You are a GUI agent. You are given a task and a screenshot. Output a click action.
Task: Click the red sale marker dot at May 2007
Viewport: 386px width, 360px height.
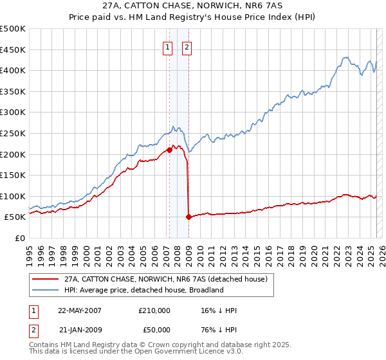169,150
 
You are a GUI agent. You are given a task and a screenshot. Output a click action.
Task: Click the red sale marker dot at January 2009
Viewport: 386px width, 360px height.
188,217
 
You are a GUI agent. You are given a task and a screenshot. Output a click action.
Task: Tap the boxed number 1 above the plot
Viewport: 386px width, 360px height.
167,46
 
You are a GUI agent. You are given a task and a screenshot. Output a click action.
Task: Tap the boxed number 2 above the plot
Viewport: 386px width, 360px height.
187,46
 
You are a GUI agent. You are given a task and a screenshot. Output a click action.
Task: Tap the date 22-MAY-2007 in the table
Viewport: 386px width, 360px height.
80,310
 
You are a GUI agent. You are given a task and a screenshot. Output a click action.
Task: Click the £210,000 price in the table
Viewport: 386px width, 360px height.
154,310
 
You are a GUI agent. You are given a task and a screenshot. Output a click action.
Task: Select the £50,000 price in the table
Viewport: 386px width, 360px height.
154,330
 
